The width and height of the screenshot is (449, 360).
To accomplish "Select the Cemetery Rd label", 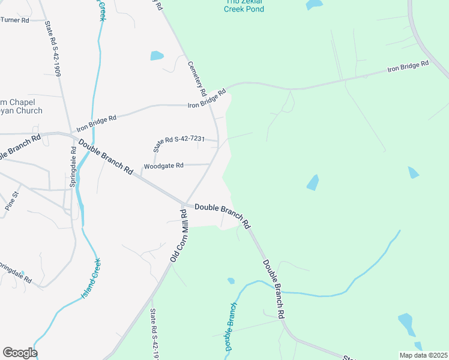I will pyautogui.click(x=197, y=79).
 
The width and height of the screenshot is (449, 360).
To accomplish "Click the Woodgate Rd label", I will pyautogui.click(x=163, y=166).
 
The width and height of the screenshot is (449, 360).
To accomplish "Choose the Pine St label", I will pyautogui.click(x=12, y=200).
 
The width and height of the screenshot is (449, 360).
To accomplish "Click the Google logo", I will pyautogui.click(x=20, y=353).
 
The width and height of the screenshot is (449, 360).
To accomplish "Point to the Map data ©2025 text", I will pyautogui.click(x=423, y=355).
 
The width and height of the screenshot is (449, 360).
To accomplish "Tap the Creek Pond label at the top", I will pyautogui.click(x=244, y=9).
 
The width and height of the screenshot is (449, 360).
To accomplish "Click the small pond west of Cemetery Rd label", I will pyautogui.click(x=157, y=56).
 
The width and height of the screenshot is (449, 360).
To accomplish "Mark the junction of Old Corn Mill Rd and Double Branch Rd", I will pyautogui.click(x=184, y=203).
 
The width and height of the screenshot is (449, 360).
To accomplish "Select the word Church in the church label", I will pyautogui.click(x=29, y=110).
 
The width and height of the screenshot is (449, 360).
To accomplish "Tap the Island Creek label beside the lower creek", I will pyautogui.click(x=91, y=279).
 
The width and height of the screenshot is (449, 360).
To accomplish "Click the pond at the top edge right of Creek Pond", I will pyautogui.click(x=314, y=4).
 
